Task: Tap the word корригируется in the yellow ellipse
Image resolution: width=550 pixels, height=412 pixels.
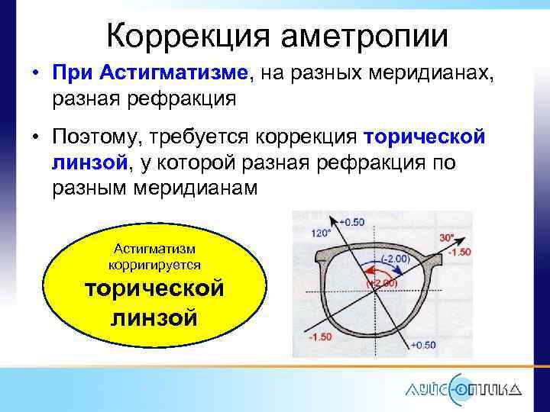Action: pos(155,264)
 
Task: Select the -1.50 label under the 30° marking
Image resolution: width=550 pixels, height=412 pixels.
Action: pos(460,252)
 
